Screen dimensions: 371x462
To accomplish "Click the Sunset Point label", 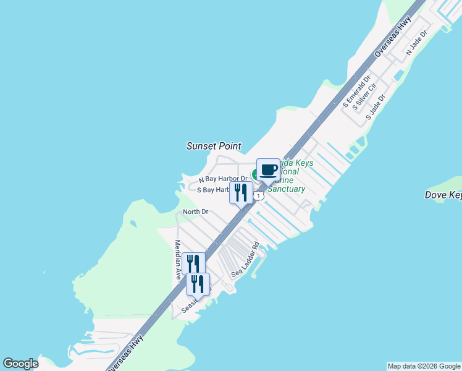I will point(213,146).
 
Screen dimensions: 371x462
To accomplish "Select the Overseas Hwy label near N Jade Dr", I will point(392,41).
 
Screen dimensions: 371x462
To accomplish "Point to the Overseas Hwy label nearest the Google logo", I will point(127,351).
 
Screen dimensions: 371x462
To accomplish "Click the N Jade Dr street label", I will point(417,44).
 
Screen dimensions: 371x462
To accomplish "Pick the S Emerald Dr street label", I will point(356,92).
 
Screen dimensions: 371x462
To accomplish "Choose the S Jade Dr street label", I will point(375,107).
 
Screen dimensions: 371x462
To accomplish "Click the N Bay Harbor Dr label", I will point(222,179).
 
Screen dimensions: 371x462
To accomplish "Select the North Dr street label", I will point(195,212).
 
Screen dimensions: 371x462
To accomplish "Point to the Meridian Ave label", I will point(178,260).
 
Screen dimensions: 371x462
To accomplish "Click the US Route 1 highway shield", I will point(259,195).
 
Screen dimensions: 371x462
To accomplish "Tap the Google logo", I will point(20,364).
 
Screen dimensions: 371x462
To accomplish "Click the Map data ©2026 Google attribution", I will point(424,366).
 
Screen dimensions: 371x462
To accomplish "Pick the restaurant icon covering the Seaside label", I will point(198,284).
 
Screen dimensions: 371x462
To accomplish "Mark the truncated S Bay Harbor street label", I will point(213,190).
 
